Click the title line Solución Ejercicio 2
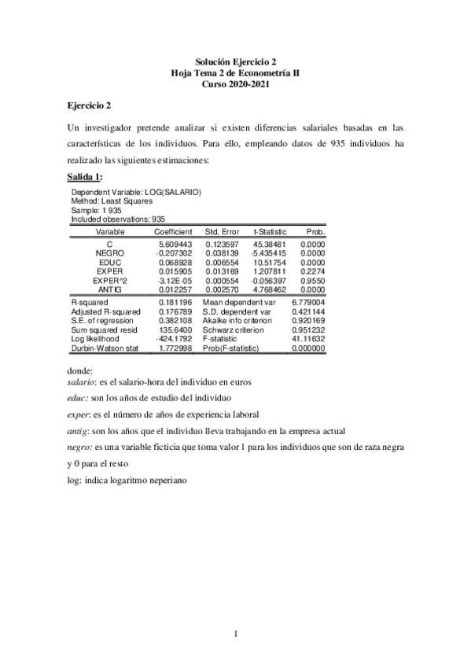[x=235, y=61]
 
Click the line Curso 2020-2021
[x=235, y=83]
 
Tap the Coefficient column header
[x=173, y=232]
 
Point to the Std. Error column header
[x=222, y=232]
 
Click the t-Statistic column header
[x=269, y=232]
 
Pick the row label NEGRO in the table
[x=109, y=254]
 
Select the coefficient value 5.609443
[x=175, y=245]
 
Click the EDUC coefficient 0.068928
[x=175, y=263]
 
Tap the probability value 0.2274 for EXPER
[x=312, y=271]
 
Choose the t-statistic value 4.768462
[x=269, y=289]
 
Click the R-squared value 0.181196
[x=175, y=301]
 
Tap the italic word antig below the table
[x=77, y=430]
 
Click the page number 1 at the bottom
[x=235, y=632]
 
